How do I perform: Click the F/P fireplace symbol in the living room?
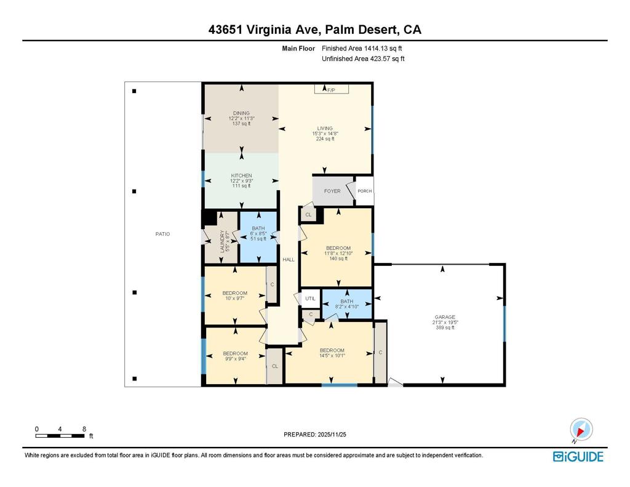pos(332,90)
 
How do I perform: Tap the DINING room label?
pos(241,113)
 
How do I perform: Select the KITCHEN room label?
pos(241,175)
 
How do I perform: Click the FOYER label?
pos(332,191)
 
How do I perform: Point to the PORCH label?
pos(365,191)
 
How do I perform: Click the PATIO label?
pos(162,234)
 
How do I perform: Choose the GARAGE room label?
pos(444,317)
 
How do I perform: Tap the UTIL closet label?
pos(310,299)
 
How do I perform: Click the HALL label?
pos(288,260)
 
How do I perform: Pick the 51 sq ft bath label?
pos(258,239)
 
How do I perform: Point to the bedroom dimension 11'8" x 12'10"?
pos(338,253)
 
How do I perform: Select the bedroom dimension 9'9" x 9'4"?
pos(235,360)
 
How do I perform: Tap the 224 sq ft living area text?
pos(325,139)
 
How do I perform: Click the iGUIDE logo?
pos(578,456)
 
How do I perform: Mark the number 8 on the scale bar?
pos(84,429)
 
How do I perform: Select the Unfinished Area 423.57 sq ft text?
pos(363,59)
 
